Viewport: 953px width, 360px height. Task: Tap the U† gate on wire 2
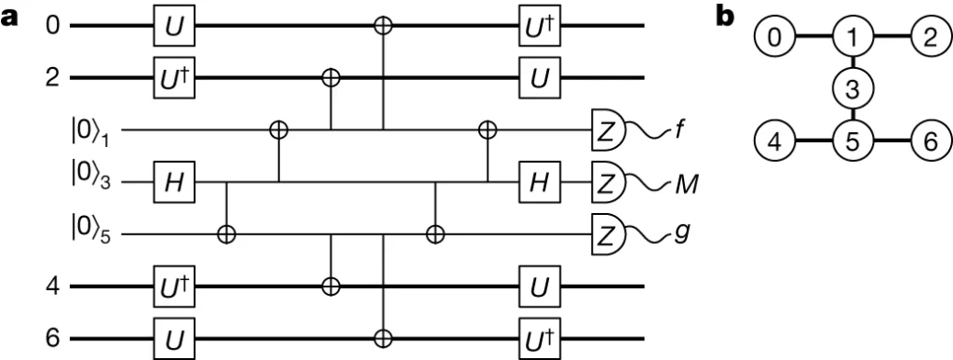click(174, 79)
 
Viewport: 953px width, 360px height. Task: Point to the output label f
click(680, 128)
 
